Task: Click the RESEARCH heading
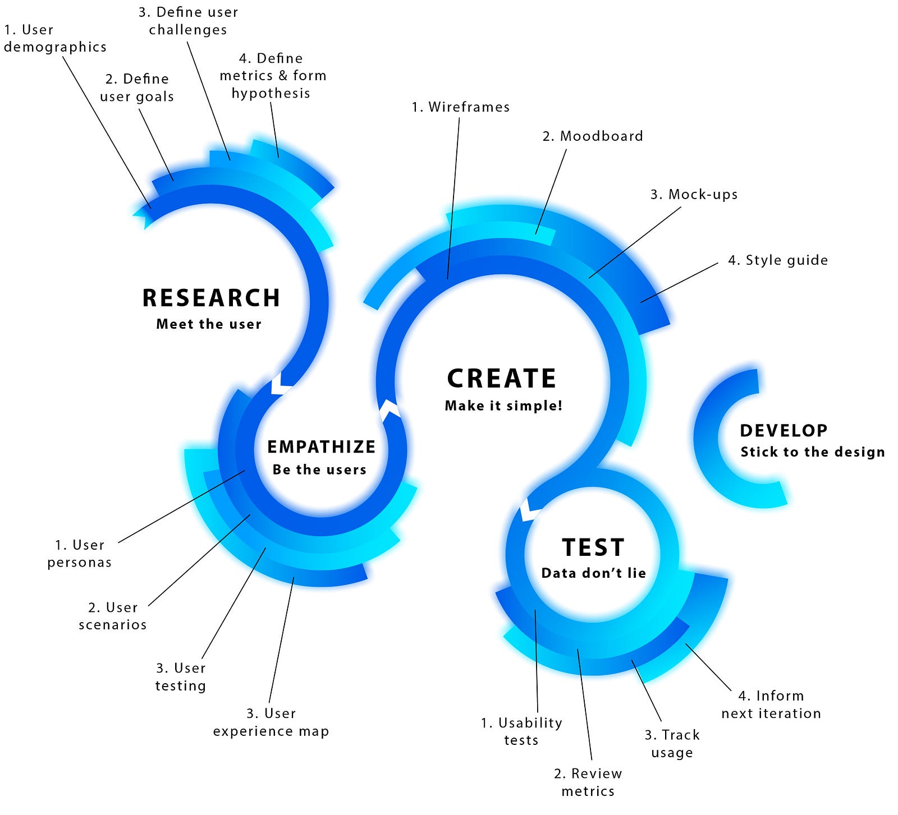(211, 298)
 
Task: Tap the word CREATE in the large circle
(502, 379)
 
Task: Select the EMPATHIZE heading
(321, 447)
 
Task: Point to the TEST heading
(593, 547)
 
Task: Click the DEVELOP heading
(784, 431)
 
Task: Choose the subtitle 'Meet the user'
(209, 324)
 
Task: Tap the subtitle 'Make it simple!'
(503, 406)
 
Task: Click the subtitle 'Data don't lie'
(594, 573)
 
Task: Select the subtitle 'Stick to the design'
(813, 452)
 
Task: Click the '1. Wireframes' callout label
(461, 107)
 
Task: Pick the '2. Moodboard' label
(593, 136)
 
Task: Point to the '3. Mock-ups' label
(694, 195)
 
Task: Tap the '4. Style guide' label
(778, 260)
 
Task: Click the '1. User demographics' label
(55, 38)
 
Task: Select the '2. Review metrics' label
(588, 782)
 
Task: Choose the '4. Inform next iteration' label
(771, 705)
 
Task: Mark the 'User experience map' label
(271, 722)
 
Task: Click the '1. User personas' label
(79, 554)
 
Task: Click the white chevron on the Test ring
(530, 509)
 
